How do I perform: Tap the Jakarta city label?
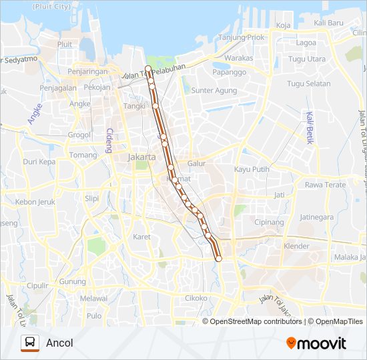141,157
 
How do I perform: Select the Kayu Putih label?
252,169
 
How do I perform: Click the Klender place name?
296,246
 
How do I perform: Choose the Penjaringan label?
87,70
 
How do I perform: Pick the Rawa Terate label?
325,185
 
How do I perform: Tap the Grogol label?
79,134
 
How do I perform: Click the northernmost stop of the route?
147,68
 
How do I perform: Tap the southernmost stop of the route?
218,259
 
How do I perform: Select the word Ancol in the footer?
59,343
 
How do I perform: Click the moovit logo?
316,343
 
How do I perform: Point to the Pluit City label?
50,6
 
